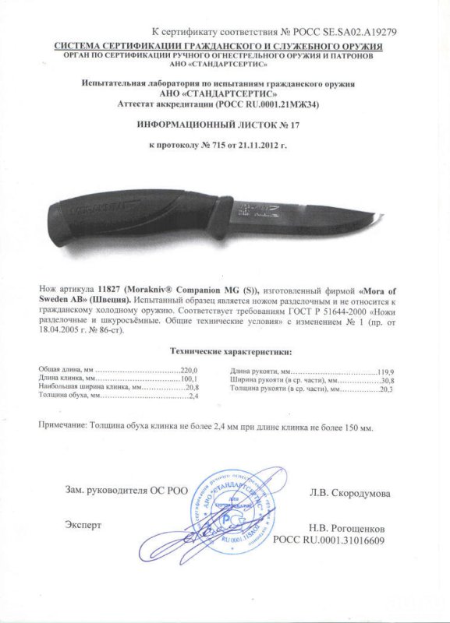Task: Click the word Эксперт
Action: tap(83, 524)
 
